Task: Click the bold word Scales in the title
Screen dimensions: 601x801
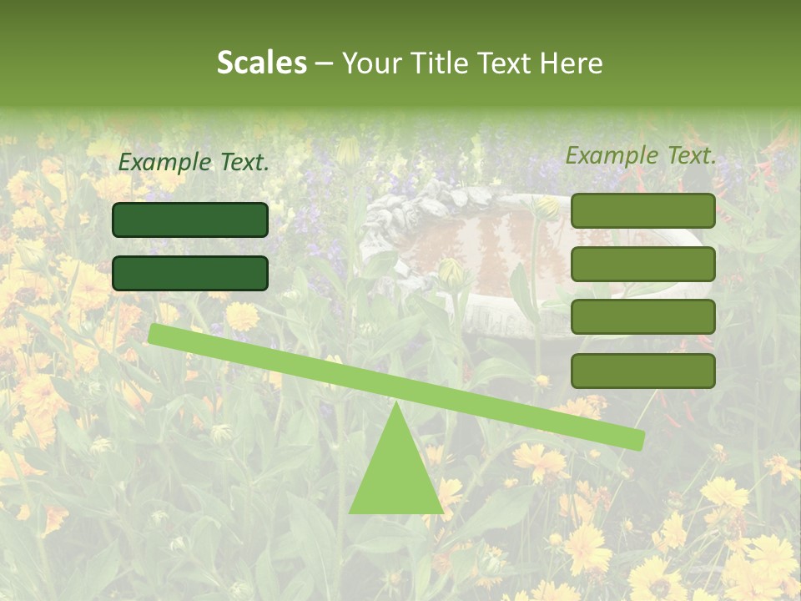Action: pyautogui.click(x=262, y=63)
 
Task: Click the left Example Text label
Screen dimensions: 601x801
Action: pyautogui.click(x=194, y=163)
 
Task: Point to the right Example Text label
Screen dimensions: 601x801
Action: pyautogui.click(x=641, y=155)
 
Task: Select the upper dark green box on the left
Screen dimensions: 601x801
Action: pyautogui.click(x=190, y=220)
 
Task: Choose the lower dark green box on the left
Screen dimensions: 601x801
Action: pyautogui.click(x=190, y=274)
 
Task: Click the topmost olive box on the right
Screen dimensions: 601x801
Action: pyautogui.click(x=642, y=211)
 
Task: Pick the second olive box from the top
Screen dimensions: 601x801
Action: pyautogui.click(x=642, y=265)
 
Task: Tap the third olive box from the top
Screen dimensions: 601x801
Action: pyautogui.click(x=642, y=317)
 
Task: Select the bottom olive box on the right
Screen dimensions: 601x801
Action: pyautogui.click(x=642, y=371)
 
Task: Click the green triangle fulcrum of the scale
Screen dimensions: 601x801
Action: pyautogui.click(x=395, y=476)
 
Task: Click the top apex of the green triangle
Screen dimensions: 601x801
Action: pyautogui.click(x=396, y=404)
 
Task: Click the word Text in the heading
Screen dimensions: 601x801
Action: pyautogui.click(x=502, y=63)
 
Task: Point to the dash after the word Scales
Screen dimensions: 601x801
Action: pyautogui.click(x=325, y=63)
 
